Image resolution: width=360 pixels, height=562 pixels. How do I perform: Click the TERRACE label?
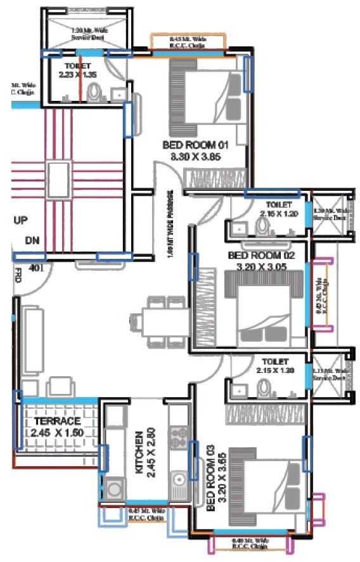(x=58, y=421)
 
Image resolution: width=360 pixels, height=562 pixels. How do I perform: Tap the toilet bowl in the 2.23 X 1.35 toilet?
(x=96, y=95)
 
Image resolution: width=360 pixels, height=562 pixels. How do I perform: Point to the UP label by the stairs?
(x=20, y=220)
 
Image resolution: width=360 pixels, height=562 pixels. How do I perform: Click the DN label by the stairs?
(x=32, y=241)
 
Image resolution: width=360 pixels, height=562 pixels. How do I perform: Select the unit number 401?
(x=35, y=268)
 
